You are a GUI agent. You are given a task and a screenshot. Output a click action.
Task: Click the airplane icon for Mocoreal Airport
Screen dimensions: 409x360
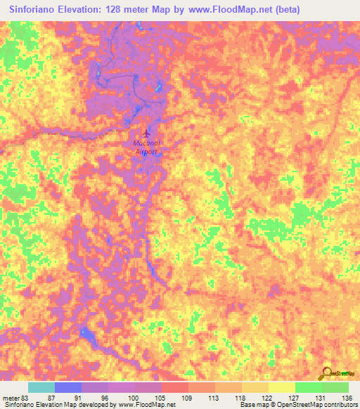pos(146,133)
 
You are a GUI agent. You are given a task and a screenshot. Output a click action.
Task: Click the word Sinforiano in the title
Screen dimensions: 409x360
pos(32,9)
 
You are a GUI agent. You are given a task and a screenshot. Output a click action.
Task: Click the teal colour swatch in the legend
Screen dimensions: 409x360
pos(41,388)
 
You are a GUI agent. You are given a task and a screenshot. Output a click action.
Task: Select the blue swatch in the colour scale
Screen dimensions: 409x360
pos(67,388)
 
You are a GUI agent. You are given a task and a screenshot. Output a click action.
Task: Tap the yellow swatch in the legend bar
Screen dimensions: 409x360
pos(281,388)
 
